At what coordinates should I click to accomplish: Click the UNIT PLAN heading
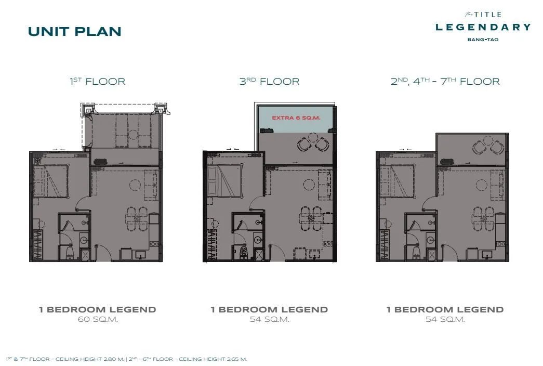tap(74, 32)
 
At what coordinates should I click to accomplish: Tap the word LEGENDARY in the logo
tap(483, 27)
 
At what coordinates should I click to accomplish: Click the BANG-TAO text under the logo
tap(483, 40)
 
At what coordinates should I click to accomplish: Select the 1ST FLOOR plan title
tap(97, 82)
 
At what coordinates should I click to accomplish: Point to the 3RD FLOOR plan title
tap(269, 82)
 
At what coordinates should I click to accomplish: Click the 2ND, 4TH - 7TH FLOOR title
tap(445, 82)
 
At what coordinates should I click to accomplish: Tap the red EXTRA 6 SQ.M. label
tap(296, 118)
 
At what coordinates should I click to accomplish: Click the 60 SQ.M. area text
tap(98, 319)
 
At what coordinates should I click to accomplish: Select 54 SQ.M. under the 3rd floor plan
tap(270, 319)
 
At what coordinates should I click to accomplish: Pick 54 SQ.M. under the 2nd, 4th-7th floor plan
tap(445, 319)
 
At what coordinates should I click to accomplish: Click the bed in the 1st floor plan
tap(50, 181)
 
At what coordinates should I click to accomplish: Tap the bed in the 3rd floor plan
tap(224, 180)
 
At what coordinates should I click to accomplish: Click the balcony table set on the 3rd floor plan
tap(313, 142)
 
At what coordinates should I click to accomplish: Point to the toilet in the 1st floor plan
tap(70, 252)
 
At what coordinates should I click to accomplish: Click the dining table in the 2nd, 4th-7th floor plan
tap(483, 219)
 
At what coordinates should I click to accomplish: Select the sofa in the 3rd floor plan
tap(324, 186)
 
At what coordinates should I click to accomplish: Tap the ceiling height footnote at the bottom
tap(126, 359)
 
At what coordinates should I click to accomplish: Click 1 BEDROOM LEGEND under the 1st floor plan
tap(98, 309)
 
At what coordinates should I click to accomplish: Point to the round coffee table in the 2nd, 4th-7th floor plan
tap(481, 185)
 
